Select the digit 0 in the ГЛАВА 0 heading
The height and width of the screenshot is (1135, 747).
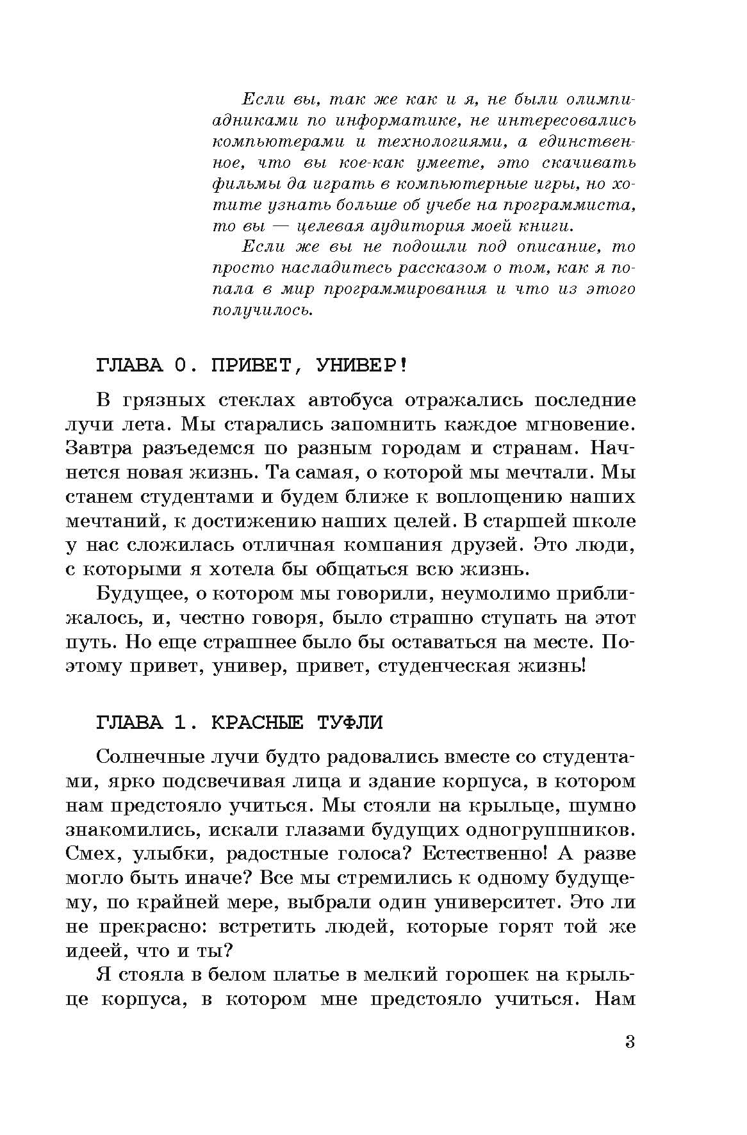coord(180,366)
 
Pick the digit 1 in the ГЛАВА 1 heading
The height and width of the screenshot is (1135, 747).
coord(180,722)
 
